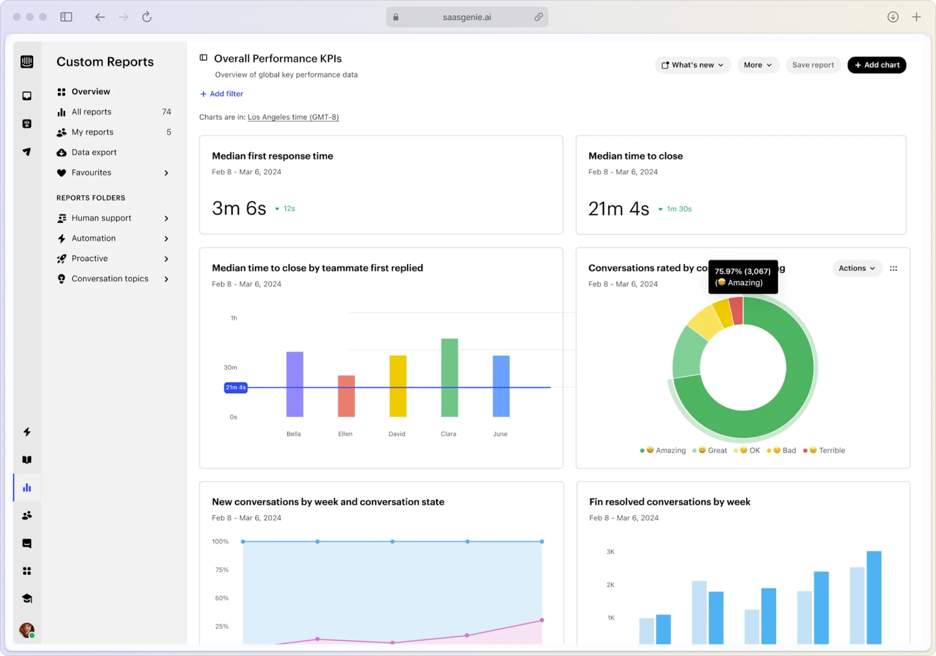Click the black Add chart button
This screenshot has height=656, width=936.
[876, 65]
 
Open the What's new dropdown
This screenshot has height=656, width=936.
[692, 65]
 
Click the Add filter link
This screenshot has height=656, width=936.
[222, 94]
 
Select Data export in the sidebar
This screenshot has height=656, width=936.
[94, 152]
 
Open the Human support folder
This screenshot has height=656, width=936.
[101, 218]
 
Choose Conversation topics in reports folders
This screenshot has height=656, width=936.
[110, 279]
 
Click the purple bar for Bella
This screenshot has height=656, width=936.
[294, 384]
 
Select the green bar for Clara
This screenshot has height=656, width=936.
[449, 377]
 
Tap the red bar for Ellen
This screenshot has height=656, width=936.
[346, 395]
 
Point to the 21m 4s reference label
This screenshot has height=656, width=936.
[235, 387]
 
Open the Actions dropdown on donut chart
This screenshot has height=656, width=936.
[856, 269]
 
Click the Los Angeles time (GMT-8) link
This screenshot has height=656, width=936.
[293, 117]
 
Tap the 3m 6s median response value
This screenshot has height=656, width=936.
[239, 208]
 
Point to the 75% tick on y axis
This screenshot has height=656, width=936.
[222, 570]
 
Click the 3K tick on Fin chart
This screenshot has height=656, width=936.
[610, 552]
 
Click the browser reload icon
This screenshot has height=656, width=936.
[147, 17]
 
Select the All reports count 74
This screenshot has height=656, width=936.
[166, 112]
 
